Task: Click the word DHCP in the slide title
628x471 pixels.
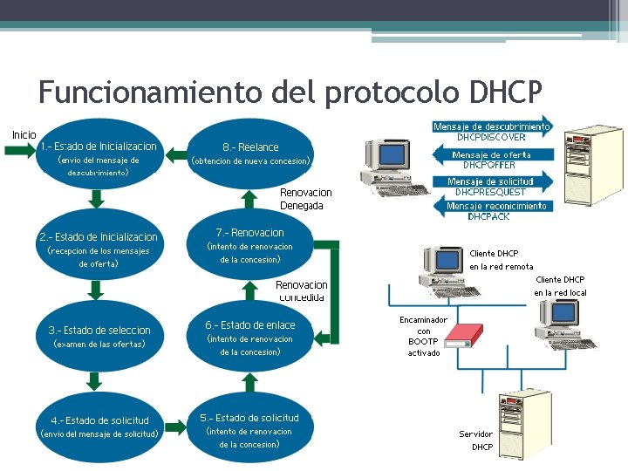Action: click(505, 92)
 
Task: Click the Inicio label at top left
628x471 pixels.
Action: click(24, 134)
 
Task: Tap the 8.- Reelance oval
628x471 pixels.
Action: click(250, 154)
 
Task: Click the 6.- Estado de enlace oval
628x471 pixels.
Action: click(249, 338)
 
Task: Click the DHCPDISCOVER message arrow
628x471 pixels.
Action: click(493, 131)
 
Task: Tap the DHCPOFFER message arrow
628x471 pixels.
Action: click(493, 160)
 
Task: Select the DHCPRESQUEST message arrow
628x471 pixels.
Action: click(493, 186)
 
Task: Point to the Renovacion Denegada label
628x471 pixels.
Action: click(305, 199)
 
